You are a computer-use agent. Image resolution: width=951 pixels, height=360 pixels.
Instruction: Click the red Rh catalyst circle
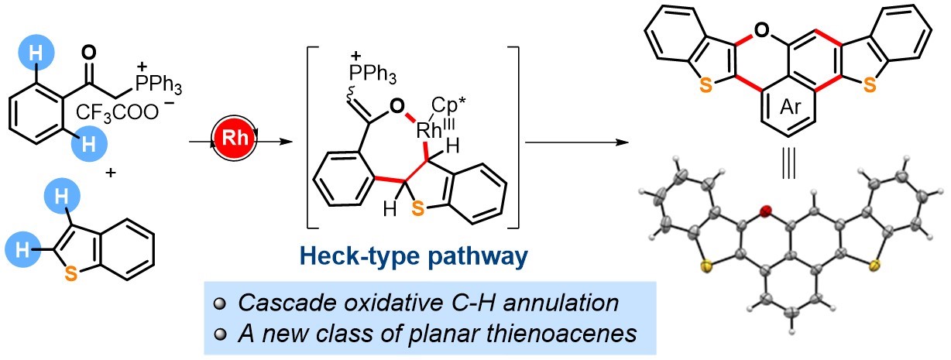(237, 142)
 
